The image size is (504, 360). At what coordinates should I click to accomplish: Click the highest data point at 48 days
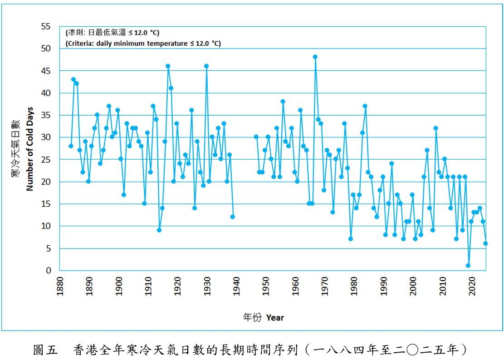point(315,57)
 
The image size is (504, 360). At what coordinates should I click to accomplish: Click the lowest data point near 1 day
point(468,266)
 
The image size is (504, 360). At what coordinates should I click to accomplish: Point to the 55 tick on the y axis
point(45,26)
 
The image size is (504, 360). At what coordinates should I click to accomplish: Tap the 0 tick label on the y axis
point(49,271)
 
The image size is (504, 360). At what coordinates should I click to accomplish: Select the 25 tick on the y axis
point(45,160)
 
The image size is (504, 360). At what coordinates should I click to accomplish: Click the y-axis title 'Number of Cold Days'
point(30,149)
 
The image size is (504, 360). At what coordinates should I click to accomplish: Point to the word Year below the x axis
point(275,317)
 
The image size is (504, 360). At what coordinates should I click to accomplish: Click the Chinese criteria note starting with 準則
point(113,33)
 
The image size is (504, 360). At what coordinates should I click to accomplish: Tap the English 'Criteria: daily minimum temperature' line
point(143,44)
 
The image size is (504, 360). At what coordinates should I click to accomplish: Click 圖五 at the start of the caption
point(45,350)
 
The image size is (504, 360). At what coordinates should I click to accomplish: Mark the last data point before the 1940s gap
point(233,217)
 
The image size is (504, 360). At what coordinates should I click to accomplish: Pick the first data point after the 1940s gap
point(256,136)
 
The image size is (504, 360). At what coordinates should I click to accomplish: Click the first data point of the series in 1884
point(71,146)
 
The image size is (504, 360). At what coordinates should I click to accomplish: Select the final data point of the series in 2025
point(485,243)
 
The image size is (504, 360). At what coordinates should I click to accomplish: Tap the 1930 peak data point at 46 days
point(206,66)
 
